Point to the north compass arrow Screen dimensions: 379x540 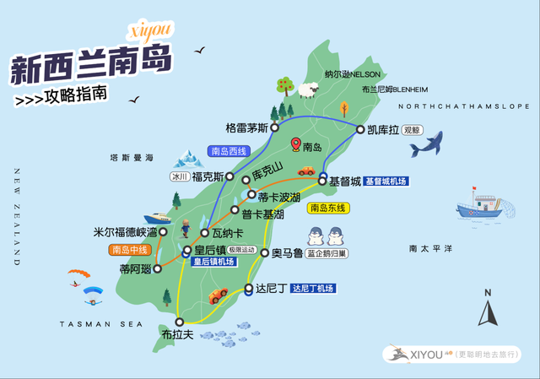tap(487, 310)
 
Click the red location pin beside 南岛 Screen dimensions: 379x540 tap(295, 145)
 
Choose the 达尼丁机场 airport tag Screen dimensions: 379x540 tap(312, 289)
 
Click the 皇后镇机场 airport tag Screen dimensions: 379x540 tap(214, 262)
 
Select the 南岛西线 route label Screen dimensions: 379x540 tap(229, 152)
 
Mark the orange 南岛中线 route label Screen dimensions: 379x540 tap(129, 250)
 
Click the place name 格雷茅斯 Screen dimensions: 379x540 tap(246, 128)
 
